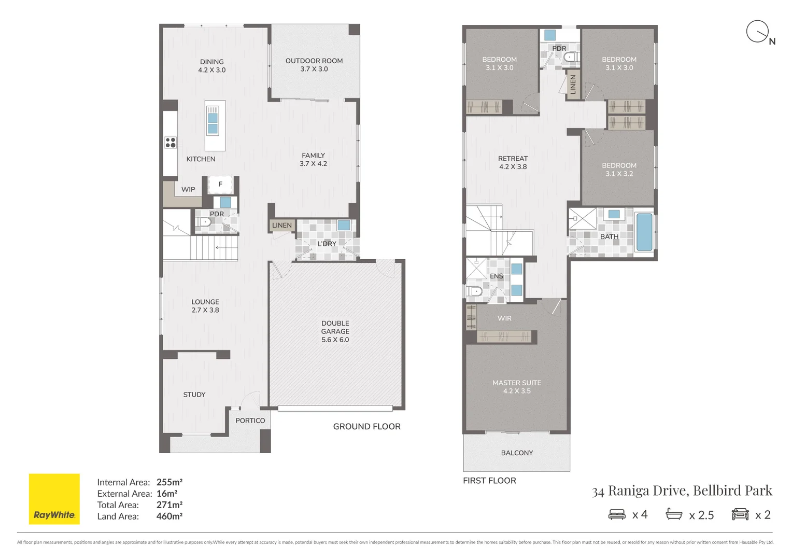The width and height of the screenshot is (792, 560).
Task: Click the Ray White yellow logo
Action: (x=54, y=498)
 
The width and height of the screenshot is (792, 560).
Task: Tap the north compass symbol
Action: (x=757, y=32)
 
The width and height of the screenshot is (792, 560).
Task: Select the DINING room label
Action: (x=211, y=62)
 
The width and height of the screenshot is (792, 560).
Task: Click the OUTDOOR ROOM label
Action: (x=314, y=61)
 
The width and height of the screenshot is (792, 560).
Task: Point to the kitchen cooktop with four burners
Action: (x=171, y=142)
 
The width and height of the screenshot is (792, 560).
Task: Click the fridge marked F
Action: (x=220, y=184)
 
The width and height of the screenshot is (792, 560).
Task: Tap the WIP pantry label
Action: (x=188, y=189)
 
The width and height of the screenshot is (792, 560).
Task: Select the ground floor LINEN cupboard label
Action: (x=282, y=225)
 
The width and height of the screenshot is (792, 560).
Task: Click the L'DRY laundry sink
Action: (x=344, y=225)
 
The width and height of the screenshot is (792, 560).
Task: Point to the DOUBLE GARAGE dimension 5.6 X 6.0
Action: (x=335, y=340)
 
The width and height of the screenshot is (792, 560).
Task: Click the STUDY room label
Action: (x=194, y=395)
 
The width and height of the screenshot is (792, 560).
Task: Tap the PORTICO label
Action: (x=250, y=421)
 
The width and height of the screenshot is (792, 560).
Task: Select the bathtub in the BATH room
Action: (x=644, y=232)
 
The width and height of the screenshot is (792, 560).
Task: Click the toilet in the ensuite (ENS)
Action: (x=474, y=292)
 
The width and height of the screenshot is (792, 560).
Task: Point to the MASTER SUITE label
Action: (x=516, y=383)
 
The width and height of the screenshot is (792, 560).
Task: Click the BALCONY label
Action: (x=517, y=453)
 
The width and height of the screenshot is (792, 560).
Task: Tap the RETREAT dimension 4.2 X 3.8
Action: (x=513, y=167)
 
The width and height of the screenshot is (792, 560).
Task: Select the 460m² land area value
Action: (x=169, y=516)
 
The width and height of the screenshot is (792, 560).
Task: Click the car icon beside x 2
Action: (x=740, y=514)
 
